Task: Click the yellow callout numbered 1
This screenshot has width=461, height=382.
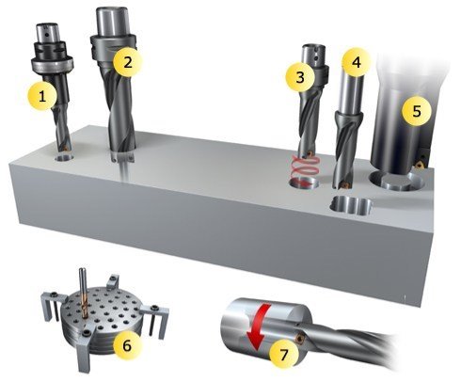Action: coord(42,96)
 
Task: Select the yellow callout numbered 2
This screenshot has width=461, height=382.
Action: coord(128,62)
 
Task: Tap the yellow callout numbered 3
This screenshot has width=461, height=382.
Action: coord(300,77)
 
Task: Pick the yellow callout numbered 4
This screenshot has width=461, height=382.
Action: coord(357,62)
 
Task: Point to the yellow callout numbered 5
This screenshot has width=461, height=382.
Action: coord(417,111)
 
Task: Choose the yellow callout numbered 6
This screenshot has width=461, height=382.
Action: coord(127,345)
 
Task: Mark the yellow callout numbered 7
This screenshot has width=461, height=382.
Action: coord(284,355)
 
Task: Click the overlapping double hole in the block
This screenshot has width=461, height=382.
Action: coord(351,206)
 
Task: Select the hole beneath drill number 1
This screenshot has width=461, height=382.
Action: coord(64,158)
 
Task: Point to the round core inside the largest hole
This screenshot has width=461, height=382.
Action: coord(396,183)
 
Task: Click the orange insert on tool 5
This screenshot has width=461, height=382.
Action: coord(420,164)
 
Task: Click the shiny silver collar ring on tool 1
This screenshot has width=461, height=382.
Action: coord(52,64)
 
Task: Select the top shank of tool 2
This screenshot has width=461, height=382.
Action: coord(112,21)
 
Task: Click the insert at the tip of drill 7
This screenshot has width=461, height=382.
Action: coord(299,338)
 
